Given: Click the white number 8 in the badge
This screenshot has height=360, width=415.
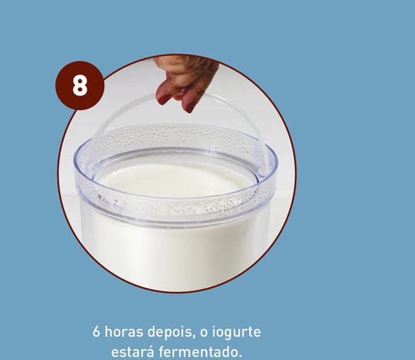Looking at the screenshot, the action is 79,85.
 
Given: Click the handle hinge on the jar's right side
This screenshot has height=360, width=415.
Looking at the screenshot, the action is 262,172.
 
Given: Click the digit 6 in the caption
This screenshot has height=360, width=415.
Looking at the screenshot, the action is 96,332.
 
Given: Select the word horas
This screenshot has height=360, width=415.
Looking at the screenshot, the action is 124,332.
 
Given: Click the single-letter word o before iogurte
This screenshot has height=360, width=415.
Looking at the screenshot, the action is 204,333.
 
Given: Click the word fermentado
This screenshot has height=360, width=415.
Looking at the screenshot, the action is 199,352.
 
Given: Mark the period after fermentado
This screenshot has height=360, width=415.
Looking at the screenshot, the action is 240,356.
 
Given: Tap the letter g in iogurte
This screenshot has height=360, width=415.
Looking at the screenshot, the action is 230,334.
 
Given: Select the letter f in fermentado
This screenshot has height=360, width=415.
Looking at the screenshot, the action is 162,351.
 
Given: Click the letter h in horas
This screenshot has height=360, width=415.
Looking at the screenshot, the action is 108,332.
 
